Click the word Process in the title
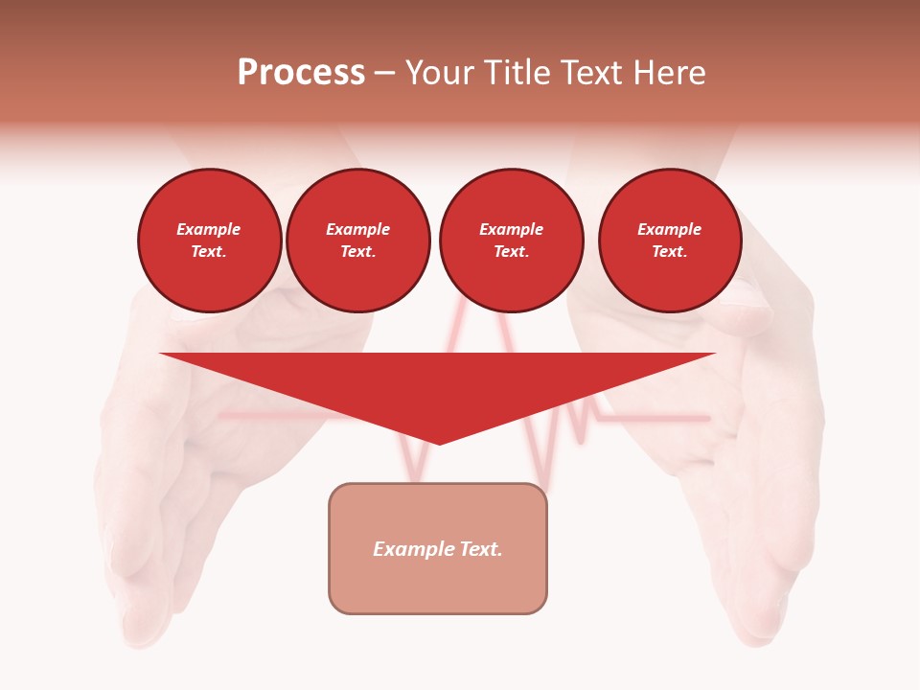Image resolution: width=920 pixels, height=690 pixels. pos(301,73)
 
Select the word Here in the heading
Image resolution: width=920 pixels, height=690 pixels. pos(668,73)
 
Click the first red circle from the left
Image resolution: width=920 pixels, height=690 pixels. pos(209,241)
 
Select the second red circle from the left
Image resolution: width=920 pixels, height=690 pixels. pos(357,241)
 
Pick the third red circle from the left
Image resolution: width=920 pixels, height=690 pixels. pos(511,241)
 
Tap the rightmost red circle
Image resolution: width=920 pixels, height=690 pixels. pos(669,241)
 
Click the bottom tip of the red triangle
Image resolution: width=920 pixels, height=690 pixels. pos(439,442)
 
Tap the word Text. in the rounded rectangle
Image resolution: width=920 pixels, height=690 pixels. pos(481,549)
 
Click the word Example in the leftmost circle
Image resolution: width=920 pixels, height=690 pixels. pos(209,229)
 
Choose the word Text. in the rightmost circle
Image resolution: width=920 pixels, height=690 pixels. pos(669,252)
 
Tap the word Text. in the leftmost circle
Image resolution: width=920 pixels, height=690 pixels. pos(209,252)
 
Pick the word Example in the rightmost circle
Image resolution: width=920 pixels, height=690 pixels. pos(669,229)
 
